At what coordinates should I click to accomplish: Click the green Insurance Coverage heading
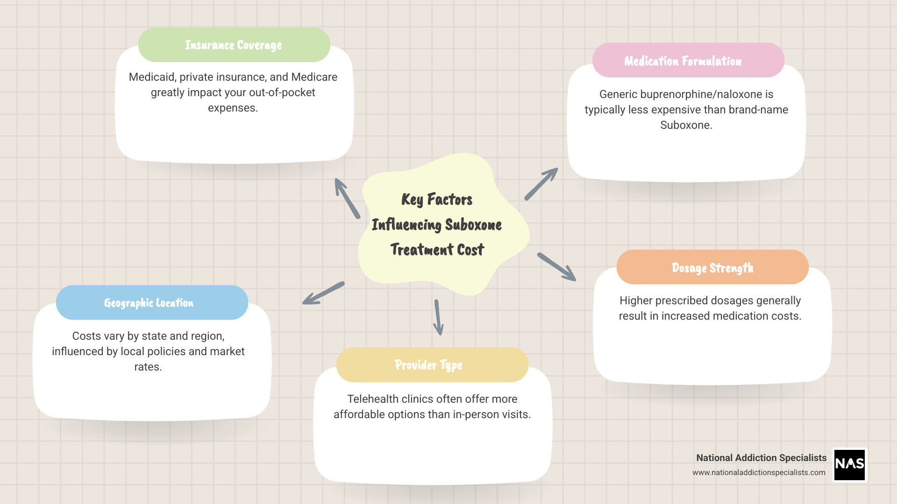tap(234, 45)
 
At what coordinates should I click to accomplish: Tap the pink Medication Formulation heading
tap(683, 61)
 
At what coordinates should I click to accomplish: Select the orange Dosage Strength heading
tap(712, 268)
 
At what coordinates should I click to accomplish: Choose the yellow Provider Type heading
tap(428, 365)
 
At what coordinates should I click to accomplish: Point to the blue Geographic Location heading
tap(149, 303)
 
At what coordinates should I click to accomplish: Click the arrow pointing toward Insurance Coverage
tap(347, 198)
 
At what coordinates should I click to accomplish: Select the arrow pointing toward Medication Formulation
tap(541, 184)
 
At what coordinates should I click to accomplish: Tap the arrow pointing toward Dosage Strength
tap(556, 267)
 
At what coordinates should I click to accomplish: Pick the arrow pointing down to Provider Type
tap(438, 317)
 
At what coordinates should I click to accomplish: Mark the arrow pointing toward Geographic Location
tap(323, 293)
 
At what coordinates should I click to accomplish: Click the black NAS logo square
tap(849, 464)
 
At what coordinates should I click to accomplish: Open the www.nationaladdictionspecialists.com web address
tap(759, 472)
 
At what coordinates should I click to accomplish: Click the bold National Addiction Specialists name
tap(761, 458)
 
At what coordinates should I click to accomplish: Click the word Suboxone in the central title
tap(473, 225)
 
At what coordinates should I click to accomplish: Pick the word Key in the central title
tap(412, 200)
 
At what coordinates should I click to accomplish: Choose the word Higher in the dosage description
tap(637, 301)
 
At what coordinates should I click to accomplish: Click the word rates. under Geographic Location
tap(148, 367)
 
